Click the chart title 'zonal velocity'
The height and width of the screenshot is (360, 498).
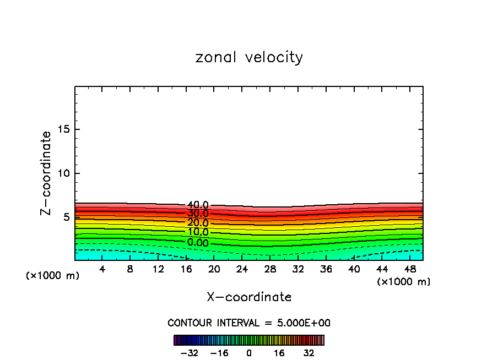tap(249, 57)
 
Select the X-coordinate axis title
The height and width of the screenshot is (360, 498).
tap(249, 297)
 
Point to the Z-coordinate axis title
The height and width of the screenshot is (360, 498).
tap(46, 173)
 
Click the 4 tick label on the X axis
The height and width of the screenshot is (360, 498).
tap(102, 269)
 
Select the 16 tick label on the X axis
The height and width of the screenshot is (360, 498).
tap(186, 269)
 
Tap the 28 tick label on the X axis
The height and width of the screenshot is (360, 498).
tap(270, 269)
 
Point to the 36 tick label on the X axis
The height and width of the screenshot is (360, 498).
tap(326, 269)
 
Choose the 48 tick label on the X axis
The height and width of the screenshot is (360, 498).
tap(410, 269)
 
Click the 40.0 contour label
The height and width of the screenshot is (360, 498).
tap(198, 205)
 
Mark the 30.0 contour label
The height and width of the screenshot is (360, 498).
tap(198, 214)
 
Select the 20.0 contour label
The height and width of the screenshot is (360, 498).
tap(198, 223)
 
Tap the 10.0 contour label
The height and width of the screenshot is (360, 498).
tap(198, 232)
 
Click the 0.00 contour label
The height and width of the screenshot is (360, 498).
tap(198, 243)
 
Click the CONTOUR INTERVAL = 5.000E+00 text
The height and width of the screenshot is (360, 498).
tap(249, 323)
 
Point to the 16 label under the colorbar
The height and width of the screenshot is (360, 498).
tap(279, 353)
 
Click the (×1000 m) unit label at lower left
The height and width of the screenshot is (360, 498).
tap(53, 276)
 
